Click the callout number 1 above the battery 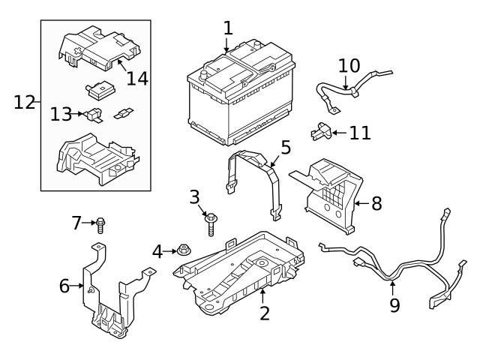pos(228,28)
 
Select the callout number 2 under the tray pos(264,313)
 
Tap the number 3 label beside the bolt pos(194,198)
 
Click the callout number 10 pos(349,66)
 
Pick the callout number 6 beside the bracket pos(64,286)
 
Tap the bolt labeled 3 pos(212,223)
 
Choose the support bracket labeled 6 pos(112,300)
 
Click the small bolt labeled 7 pos(100,223)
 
